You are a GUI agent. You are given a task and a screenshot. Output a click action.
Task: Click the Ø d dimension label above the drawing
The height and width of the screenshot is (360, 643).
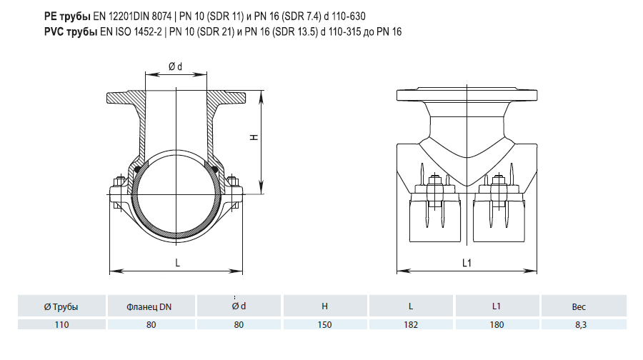175,66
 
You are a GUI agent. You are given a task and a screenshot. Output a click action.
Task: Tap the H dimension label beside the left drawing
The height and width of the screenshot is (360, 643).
254,137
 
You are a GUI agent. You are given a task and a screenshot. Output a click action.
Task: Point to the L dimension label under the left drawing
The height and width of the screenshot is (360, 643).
178,263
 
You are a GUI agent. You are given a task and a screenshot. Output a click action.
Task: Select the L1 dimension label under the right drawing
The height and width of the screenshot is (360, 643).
467,263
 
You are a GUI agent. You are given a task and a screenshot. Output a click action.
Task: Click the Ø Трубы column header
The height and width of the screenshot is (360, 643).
61,306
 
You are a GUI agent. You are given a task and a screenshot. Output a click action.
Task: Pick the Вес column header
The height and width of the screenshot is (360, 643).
579,306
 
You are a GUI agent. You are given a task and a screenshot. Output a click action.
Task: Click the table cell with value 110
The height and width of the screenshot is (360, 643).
61,325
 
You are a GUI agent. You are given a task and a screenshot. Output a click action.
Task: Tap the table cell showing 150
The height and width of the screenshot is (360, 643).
324,325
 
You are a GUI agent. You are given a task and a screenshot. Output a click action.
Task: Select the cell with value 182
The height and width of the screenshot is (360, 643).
411,325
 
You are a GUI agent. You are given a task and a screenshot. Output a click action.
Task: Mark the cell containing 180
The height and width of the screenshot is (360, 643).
497,325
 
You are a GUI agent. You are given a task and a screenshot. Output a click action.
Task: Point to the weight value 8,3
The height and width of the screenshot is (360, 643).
581,325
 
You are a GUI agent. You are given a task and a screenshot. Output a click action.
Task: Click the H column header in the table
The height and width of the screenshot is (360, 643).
324,306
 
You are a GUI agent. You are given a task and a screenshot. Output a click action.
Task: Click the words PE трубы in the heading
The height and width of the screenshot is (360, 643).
67,16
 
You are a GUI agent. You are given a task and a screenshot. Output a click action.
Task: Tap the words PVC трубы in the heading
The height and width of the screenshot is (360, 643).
71,32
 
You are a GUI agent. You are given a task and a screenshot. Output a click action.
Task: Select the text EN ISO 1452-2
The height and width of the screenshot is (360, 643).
131,32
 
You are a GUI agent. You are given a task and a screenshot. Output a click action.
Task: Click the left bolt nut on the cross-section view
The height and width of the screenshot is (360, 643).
120,181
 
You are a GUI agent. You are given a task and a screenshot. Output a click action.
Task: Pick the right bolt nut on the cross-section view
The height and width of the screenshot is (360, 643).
232,181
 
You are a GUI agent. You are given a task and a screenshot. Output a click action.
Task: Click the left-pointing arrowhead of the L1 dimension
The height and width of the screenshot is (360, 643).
404,271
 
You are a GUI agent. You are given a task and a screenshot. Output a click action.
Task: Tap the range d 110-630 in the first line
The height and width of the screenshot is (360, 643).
344,16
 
